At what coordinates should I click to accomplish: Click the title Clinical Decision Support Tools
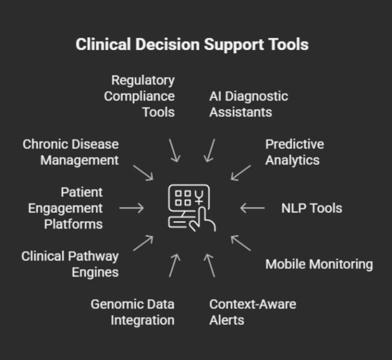point(192,44)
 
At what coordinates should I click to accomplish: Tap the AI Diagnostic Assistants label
point(249,104)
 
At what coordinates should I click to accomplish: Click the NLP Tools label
point(311,208)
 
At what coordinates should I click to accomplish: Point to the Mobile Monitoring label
point(319,264)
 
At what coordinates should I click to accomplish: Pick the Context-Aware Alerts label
point(253,312)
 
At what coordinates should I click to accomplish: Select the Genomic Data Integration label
point(133,312)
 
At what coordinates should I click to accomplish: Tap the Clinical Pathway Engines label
point(70,264)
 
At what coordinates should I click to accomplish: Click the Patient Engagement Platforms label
point(65,208)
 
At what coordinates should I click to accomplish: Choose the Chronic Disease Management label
point(70,152)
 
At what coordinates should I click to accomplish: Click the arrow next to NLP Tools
point(252,208)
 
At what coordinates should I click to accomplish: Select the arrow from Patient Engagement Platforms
point(132,208)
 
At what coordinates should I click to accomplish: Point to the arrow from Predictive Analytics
point(241,173)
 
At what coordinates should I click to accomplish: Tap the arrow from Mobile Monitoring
point(241,243)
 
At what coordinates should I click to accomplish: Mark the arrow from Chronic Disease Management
point(143,173)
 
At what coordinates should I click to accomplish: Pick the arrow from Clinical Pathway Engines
point(143,243)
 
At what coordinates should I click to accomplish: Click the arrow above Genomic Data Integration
point(174,265)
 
